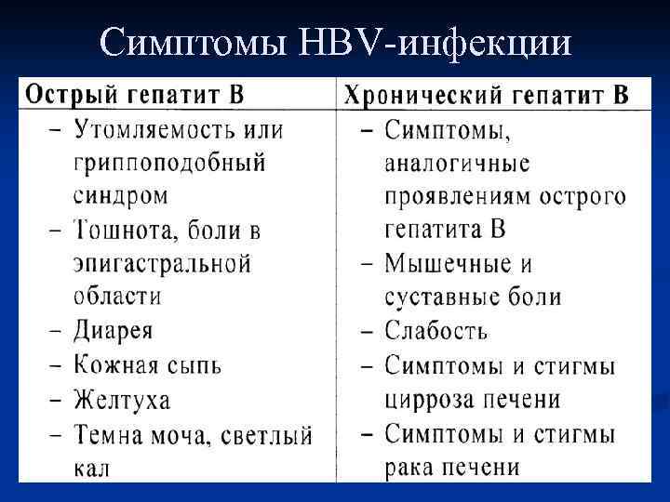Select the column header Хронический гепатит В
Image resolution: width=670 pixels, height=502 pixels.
point(486,94)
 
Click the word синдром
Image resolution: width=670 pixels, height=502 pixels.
point(121,195)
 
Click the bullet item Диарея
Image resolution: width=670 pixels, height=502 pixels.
point(113,331)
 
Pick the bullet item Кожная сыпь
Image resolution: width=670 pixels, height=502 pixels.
point(147,364)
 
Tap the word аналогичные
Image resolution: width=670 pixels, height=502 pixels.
point(457,164)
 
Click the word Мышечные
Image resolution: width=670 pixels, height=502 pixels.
point(446,264)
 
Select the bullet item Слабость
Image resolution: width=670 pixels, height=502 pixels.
point(435,331)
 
